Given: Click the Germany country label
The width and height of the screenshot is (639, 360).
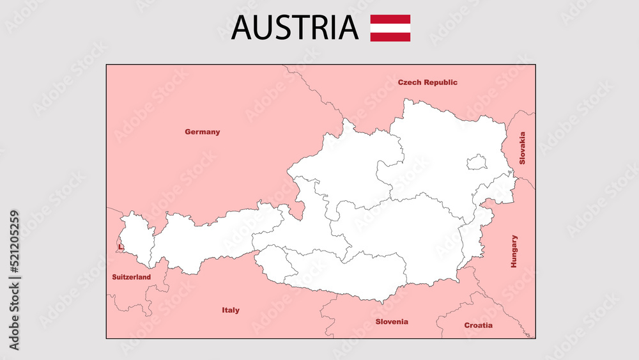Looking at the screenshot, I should [202, 132].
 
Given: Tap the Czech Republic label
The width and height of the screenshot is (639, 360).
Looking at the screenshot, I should [427, 82].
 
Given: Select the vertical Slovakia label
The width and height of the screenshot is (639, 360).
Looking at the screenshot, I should [522, 148].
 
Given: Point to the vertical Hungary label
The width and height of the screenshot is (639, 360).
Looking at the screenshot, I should [514, 251].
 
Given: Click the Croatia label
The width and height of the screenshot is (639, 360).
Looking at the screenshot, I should [478, 325].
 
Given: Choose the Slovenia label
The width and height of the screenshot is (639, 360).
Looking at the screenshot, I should [392, 322].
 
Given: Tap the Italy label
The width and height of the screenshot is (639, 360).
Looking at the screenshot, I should [231, 310].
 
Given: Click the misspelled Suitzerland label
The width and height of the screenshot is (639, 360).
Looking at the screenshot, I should [132, 278].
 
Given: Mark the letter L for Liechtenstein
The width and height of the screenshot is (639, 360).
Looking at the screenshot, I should [119, 247].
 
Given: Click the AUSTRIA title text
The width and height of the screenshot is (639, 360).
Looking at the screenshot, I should [295, 27].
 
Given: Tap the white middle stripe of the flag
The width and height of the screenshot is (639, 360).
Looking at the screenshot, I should [390, 28].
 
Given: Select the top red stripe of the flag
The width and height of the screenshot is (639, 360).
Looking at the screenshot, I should [390, 19].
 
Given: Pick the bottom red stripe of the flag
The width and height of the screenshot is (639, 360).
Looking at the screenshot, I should [390, 37].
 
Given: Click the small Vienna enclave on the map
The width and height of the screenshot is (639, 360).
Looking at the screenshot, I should [477, 162].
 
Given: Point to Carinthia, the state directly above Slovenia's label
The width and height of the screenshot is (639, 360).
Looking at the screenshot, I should [358, 272].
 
